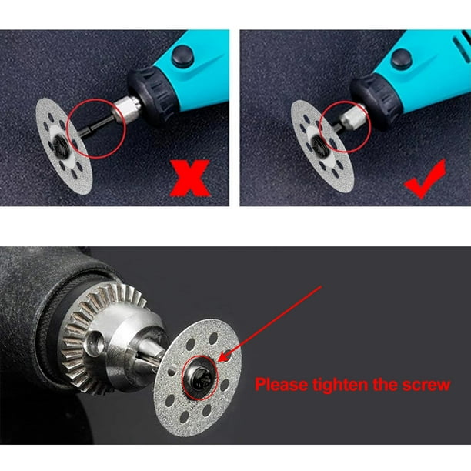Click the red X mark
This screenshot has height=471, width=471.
(190, 178)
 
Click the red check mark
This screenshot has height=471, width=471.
(425, 179)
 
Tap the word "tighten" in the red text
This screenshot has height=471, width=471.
(340, 384)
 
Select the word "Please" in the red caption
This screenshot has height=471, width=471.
(282, 384)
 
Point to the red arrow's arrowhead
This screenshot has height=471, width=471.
(225, 355)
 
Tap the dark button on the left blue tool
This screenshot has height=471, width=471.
(182, 56)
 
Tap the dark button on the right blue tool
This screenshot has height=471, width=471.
(401, 58)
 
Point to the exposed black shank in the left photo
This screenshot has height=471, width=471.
(95, 125)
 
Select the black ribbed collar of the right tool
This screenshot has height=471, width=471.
(375, 99)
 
